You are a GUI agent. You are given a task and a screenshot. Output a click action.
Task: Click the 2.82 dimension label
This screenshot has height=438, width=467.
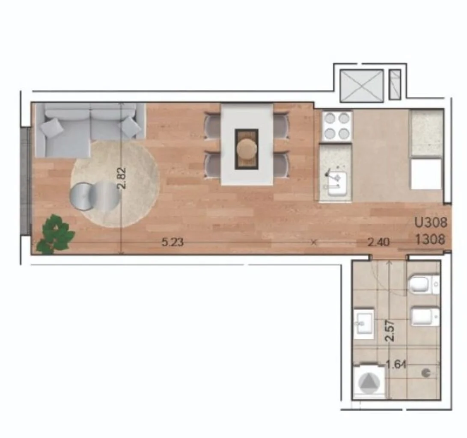122,178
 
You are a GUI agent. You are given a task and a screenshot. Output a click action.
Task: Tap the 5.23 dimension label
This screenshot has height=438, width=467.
173,242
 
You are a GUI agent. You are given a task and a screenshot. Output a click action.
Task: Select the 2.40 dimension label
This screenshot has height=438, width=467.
378,242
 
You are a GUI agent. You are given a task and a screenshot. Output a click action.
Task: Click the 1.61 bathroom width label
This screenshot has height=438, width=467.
396,364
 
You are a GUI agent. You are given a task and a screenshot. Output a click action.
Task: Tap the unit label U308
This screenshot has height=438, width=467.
431,222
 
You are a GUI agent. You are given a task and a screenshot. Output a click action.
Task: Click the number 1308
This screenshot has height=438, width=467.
430,239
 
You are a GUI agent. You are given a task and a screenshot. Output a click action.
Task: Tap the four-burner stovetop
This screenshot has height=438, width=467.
337,126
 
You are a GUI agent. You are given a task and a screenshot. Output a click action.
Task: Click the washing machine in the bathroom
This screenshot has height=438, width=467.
369,382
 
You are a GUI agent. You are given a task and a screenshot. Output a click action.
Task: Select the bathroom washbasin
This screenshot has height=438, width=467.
364,324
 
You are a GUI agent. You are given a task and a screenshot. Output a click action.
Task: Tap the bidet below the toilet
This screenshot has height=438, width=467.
425,317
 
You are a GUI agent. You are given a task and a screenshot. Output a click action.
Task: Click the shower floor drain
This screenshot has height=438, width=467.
426,373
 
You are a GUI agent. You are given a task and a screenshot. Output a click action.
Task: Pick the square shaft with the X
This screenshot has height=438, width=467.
362,86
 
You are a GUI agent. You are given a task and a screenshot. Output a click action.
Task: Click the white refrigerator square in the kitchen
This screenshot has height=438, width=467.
426,174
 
